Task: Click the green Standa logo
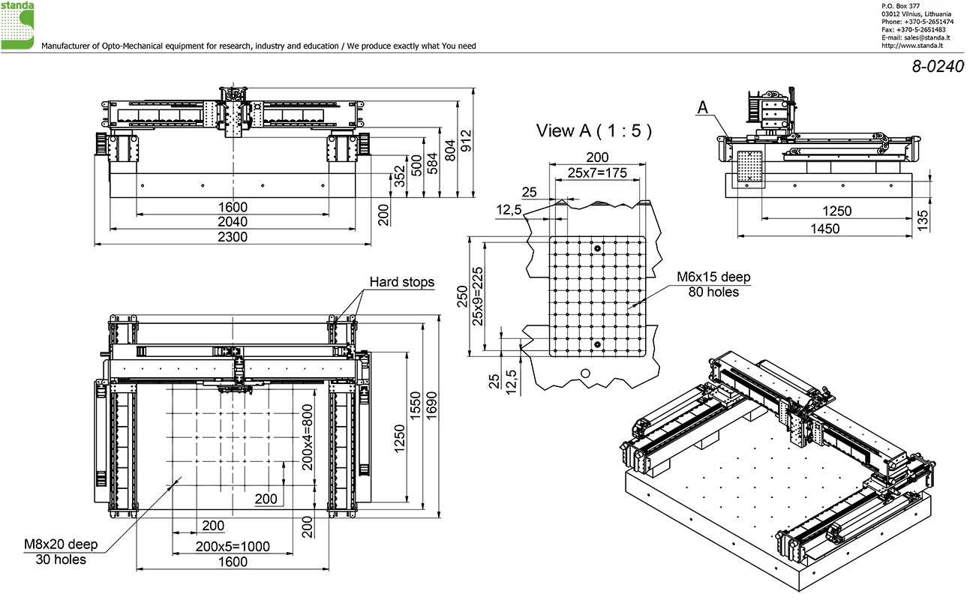(17, 25)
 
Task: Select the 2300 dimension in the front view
(233, 237)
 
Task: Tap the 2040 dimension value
(233, 222)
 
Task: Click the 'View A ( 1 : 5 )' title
(593, 130)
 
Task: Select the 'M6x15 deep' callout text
(713, 277)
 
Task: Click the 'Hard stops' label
(401, 283)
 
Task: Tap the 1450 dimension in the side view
(825, 228)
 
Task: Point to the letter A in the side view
(702, 108)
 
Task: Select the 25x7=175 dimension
(597, 172)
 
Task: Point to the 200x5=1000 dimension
(233, 547)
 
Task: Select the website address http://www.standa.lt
(911, 44)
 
